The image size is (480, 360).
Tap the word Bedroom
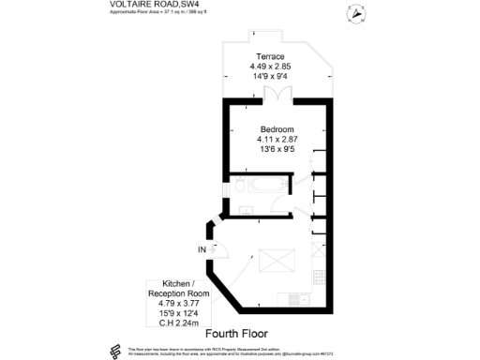pyautogui.click(x=277, y=128)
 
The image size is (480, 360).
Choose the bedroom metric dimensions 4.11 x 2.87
pyautogui.click(x=277, y=139)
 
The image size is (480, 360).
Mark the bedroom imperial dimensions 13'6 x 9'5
pyautogui.click(x=277, y=149)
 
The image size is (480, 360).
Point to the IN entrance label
pyautogui.click(x=202, y=249)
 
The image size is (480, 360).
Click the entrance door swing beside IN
pyautogui.click(x=221, y=248)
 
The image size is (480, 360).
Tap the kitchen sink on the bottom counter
pyautogui.click(x=294, y=299)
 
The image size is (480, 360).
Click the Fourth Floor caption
pyautogui.click(x=236, y=333)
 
